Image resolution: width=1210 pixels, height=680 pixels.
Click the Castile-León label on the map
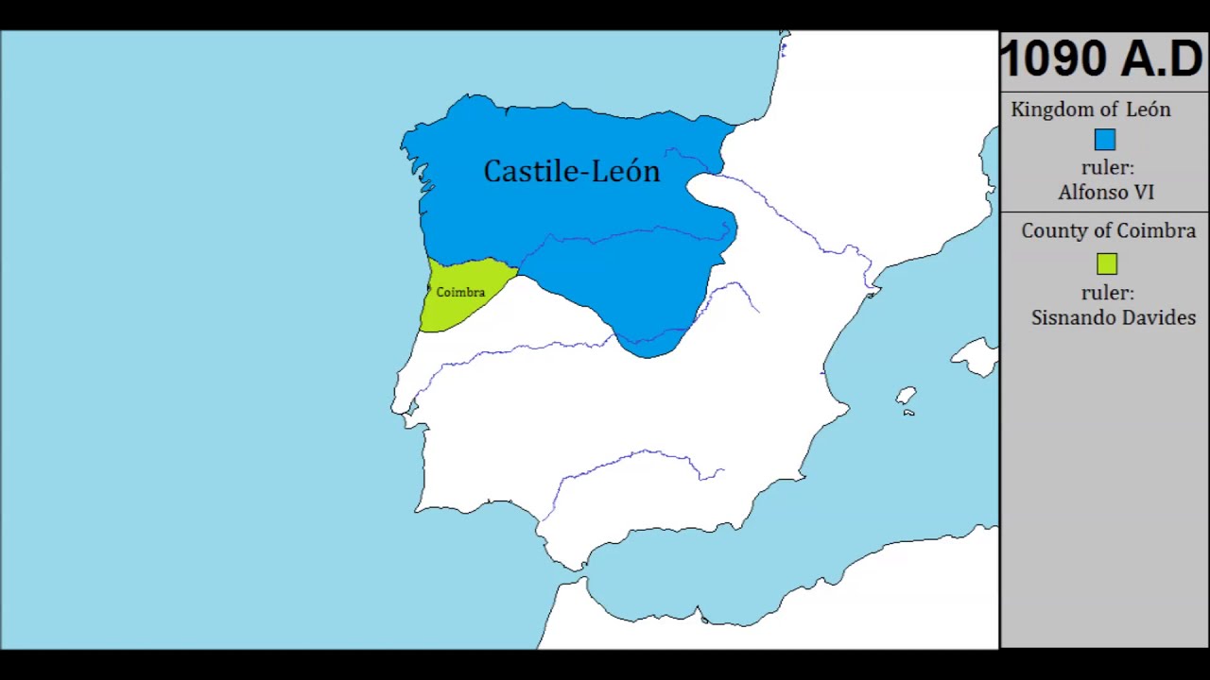click(x=571, y=171)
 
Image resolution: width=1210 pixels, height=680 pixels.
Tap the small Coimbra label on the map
click(x=460, y=293)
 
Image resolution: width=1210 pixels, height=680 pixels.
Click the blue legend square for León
click(x=1105, y=140)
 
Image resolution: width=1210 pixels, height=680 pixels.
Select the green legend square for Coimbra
click(x=1106, y=264)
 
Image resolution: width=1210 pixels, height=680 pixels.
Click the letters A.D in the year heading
click(x=1162, y=60)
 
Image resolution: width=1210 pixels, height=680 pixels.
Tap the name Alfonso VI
click(x=1106, y=193)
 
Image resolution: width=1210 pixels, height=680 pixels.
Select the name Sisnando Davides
click(x=1113, y=318)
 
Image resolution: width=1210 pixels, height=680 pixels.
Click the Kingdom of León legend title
click(x=1090, y=110)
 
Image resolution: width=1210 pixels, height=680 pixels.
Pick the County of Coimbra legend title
click(x=1108, y=231)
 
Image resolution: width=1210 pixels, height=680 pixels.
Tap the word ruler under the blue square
click(x=1107, y=168)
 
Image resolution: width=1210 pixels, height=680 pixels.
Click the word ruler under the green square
click(x=1107, y=294)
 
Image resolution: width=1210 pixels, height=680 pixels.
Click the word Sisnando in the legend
click(x=1072, y=318)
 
